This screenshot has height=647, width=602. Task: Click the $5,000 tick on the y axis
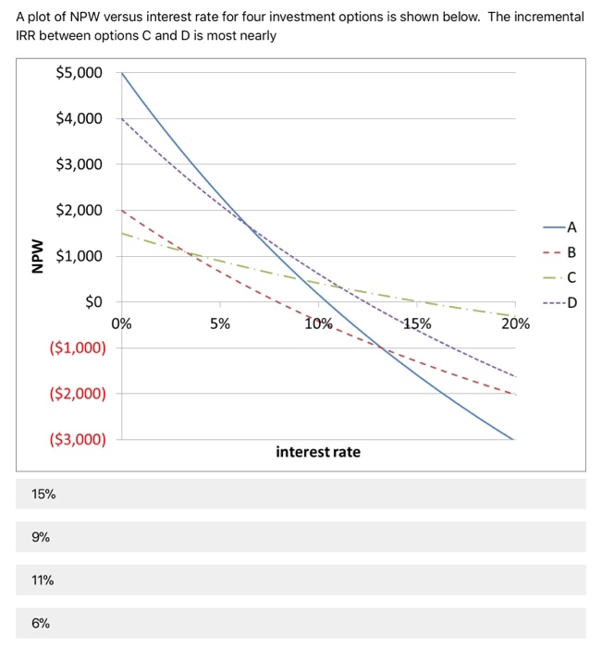pyautogui.click(x=80, y=73)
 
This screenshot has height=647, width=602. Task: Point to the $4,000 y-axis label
pyautogui.click(x=80, y=119)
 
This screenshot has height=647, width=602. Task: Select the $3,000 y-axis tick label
pyautogui.click(x=80, y=165)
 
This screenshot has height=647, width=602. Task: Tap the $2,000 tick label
pyautogui.click(x=80, y=211)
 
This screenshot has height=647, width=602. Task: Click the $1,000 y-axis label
pyautogui.click(x=80, y=256)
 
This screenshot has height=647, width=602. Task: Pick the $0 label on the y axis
pyautogui.click(x=95, y=302)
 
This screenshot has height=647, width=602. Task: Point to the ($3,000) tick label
pyautogui.click(x=78, y=440)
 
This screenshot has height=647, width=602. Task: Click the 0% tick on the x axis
pyautogui.click(x=121, y=323)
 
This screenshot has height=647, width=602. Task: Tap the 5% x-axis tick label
pyautogui.click(x=220, y=323)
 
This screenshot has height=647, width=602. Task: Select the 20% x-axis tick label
pyautogui.click(x=515, y=323)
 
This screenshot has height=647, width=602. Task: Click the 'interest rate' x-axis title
pyautogui.click(x=318, y=452)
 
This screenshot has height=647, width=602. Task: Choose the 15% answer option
pyautogui.click(x=43, y=494)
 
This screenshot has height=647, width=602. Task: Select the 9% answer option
pyautogui.click(x=41, y=537)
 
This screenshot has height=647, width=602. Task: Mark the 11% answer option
pyautogui.click(x=43, y=580)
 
